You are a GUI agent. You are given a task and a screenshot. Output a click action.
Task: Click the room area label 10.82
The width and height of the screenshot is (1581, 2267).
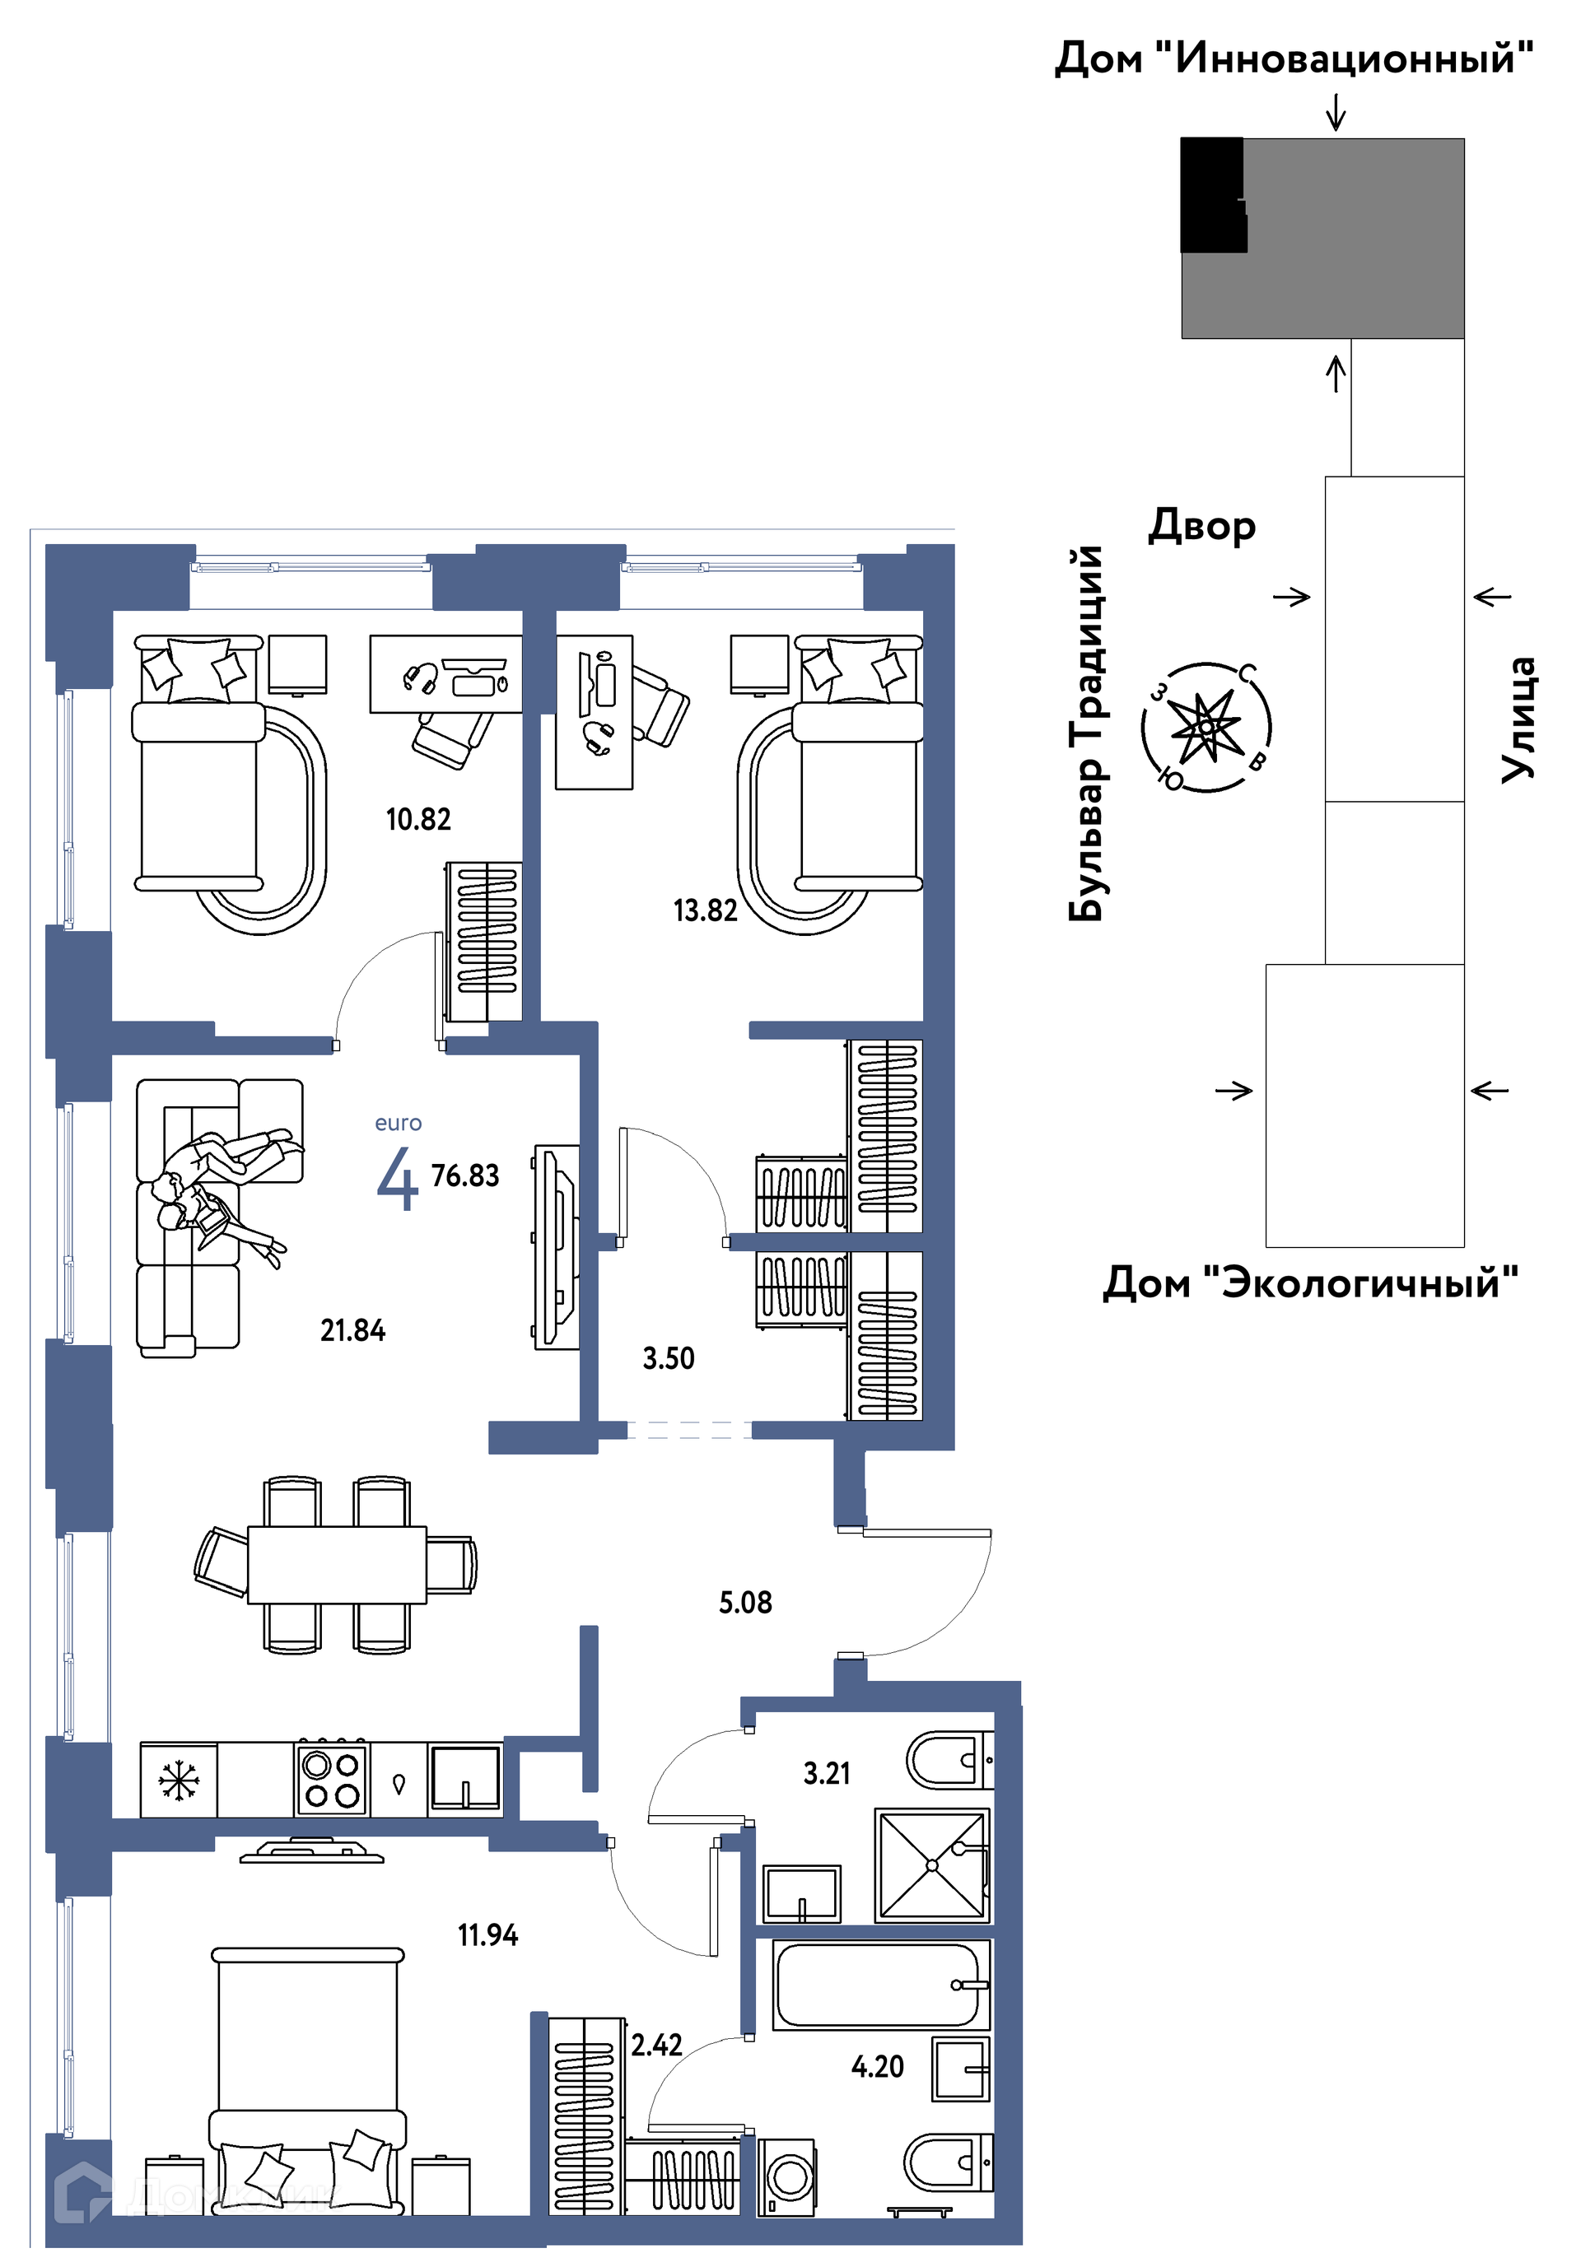(x=417, y=820)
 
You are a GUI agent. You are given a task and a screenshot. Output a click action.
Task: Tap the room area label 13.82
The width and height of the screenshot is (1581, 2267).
(x=705, y=910)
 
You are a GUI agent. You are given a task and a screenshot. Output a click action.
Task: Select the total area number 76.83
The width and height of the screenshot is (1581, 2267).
(x=465, y=1176)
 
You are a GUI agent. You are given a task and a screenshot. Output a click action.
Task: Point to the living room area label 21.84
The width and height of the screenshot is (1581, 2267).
(x=352, y=1331)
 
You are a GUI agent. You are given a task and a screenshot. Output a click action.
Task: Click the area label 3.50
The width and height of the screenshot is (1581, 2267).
(x=669, y=1358)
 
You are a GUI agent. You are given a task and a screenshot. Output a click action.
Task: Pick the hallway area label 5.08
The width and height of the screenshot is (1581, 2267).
(x=745, y=1603)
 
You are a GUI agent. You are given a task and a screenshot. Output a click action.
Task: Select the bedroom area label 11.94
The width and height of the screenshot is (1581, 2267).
(x=487, y=1935)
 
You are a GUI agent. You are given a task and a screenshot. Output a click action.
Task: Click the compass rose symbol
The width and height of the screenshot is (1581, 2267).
(x=1206, y=727)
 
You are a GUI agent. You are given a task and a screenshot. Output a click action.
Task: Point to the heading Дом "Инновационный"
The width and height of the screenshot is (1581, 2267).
(x=1294, y=58)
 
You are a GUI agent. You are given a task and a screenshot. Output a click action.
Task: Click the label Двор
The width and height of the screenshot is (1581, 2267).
(x=1201, y=525)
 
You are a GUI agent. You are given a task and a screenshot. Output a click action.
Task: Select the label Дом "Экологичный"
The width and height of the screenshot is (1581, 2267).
(x=1310, y=1282)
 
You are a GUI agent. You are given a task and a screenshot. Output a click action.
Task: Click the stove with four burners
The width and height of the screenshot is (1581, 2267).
(x=332, y=1781)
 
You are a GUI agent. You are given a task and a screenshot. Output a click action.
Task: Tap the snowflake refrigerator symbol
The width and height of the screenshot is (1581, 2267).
(x=179, y=1781)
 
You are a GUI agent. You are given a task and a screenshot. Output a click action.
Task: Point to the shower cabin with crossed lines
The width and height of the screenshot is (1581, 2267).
(x=932, y=1865)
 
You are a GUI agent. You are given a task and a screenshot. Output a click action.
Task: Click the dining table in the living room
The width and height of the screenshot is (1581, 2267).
(x=337, y=1565)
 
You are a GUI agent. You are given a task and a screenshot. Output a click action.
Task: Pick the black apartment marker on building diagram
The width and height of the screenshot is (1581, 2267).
(x=1214, y=194)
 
